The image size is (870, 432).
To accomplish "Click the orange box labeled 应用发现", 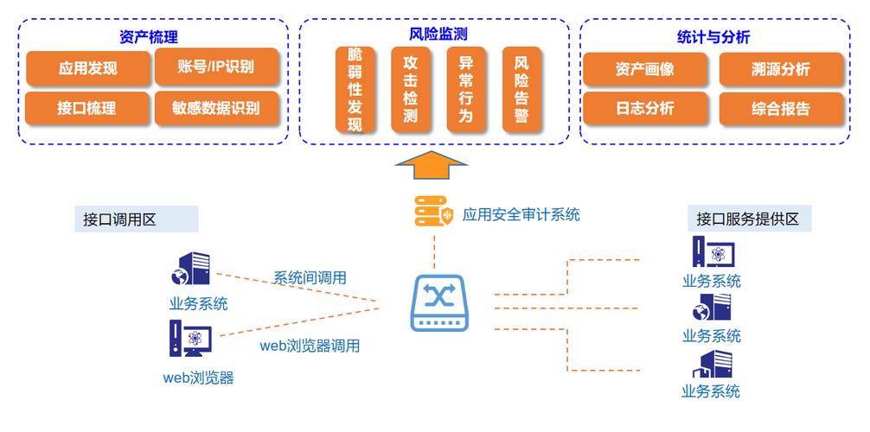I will (x=87, y=68).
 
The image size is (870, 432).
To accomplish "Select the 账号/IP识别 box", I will (x=216, y=67).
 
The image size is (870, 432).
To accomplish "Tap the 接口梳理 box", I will (x=87, y=109).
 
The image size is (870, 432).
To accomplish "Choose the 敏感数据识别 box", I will (x=216, y=109).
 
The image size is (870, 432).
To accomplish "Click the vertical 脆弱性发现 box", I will (x=355, y=90).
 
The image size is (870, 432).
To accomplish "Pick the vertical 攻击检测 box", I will (x=410, y=90).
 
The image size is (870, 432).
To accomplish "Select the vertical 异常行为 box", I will (x=465, y=90).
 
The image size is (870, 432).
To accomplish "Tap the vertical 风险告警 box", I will (x=521, y=90).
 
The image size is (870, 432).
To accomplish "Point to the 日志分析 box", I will (x=644, y=109).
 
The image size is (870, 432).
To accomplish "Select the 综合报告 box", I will (x=781, y=109).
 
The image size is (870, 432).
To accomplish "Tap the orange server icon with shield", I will (x=433, y=213).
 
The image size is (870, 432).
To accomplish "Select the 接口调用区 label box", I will (x=136, y=219).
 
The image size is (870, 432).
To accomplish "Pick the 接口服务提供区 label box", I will (x=747, y=219).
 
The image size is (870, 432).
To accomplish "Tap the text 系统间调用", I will (x=310, y=277).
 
